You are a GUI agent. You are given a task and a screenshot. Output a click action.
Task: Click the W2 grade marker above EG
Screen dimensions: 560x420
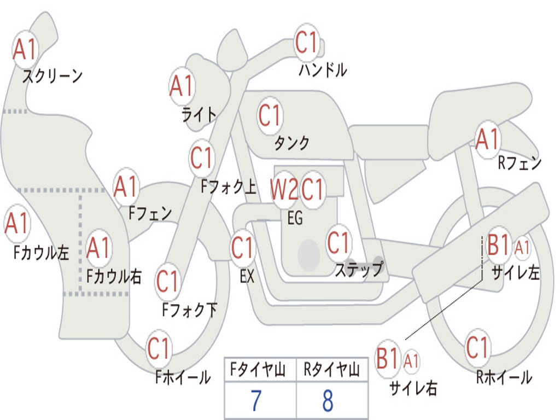[x=284, y=189]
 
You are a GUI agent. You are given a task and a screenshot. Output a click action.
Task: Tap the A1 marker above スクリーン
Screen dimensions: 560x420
[x=25, y=49]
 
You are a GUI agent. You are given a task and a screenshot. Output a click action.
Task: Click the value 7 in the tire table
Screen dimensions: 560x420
[x=256, y=400]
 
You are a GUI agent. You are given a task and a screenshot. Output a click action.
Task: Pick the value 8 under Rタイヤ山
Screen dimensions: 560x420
[x=328, y=400]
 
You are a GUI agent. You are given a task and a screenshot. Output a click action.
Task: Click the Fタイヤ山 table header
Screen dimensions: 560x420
[x=258, y=369]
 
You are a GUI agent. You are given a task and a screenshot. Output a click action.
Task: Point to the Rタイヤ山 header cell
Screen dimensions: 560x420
[x=331, y=369]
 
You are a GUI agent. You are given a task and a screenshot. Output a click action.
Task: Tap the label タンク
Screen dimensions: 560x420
[x=292, y=143]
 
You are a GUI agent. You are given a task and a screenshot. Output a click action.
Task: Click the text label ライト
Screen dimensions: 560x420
[x=199, y=115]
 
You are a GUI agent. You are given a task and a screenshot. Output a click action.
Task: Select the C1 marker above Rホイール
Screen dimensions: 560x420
[x=477, y=347]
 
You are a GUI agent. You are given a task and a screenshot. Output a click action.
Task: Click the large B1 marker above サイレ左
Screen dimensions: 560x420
[x=498, y=245]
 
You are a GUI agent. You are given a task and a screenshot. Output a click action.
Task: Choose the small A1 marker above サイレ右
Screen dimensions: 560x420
[x=411, y=361]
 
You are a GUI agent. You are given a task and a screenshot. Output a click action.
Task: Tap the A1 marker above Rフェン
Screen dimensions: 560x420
[x=487, y=139]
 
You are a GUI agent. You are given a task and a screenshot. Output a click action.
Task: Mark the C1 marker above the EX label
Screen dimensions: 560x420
[x=243, y=247]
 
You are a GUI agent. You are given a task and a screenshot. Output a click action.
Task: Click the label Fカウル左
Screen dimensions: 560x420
[x=41, y=252]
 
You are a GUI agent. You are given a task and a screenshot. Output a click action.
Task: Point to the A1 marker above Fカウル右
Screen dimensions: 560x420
[x=98, y=248]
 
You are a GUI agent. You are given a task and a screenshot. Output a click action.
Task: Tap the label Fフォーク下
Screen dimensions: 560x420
[x=190, y=310]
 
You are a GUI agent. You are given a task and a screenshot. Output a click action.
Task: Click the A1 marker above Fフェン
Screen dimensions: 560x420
[x=126, y=186]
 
